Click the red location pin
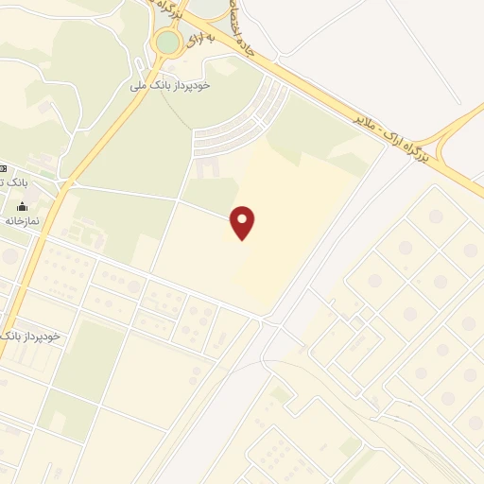click(244, 221)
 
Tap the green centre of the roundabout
click(167, 42)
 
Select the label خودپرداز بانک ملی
click(183, 85)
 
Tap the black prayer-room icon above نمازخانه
click(22, 206)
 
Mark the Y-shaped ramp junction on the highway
click(452, 132)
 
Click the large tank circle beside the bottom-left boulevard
click(9, 256)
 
